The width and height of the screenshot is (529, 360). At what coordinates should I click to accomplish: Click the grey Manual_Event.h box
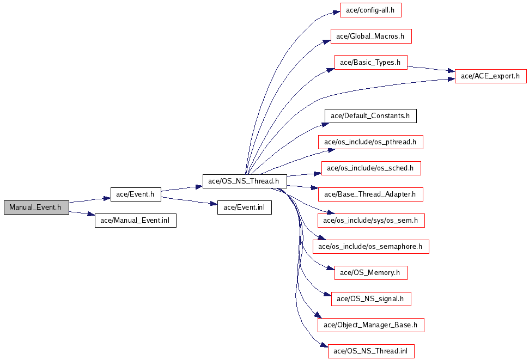[37, 207]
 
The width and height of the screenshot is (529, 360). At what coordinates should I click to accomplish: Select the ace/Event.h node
[136, 194]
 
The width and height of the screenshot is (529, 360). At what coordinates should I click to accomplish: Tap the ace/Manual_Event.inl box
[135, 221]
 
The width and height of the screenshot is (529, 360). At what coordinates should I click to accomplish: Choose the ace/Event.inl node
[244, 207]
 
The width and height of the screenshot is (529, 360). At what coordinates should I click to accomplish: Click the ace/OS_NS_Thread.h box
[245, 181]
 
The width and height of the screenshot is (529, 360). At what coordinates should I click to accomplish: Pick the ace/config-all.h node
[370, 10]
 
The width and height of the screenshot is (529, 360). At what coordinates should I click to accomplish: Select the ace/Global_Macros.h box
[371, 36]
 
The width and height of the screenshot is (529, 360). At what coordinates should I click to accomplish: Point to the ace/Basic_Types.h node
[371, 63]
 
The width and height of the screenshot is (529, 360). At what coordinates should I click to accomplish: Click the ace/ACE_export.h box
[490, 76]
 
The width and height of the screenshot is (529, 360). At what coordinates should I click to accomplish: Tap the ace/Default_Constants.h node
[370, 115]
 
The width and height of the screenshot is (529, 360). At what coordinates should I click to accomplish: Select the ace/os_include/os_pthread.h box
[370, 142]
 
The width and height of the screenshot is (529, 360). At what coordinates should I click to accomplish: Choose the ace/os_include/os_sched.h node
[371, 168]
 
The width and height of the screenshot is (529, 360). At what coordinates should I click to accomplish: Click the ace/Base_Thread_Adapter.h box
[370, 194]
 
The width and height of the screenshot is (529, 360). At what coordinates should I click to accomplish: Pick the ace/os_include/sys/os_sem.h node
[371, 221]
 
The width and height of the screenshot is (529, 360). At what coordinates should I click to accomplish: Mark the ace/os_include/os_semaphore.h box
[371, 247]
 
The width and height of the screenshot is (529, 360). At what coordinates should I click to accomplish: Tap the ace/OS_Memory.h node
[371, 273]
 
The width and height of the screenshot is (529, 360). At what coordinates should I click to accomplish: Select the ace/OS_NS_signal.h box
[371, 299]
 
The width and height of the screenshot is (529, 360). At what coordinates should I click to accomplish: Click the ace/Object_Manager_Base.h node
[371, 325]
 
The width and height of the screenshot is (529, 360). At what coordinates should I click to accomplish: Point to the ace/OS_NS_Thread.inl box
[371, 351]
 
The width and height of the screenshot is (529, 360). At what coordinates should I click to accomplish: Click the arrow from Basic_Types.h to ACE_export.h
[431, 69]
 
